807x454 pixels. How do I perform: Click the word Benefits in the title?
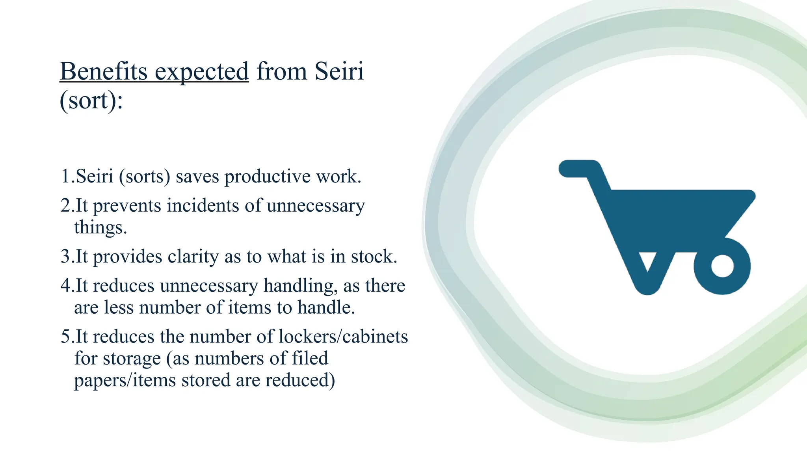(x=103, y=72)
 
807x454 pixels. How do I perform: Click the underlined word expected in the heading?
(x=201, y=73)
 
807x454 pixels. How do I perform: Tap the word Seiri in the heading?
(x=339, y=72)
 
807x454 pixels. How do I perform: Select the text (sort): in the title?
(x=91, y=101)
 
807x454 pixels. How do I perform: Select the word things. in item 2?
(x=100, y=228)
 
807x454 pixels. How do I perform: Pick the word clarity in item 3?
(x=193, y=257)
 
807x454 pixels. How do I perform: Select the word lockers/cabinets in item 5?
(x=343, y=337)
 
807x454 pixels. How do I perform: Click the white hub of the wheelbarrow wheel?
(x=722, y=266)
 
